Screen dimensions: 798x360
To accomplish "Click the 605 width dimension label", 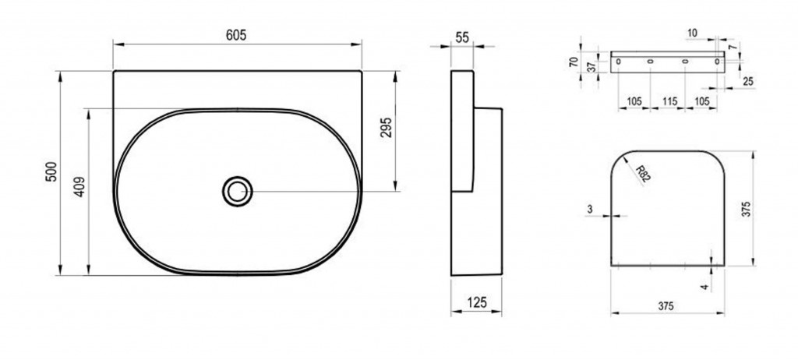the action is point(236,35).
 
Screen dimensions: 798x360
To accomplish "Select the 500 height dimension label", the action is point(52,171).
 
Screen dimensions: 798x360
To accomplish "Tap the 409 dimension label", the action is point(80,187).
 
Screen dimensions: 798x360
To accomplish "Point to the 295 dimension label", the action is point(387,127).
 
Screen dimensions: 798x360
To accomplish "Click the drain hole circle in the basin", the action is point(237,192).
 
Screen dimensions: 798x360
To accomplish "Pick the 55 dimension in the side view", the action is point(462,37).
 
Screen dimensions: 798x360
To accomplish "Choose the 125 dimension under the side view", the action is point(476,302).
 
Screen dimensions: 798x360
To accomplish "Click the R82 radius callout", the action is point(643,174).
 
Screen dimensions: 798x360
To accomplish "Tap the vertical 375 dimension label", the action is point(746,208).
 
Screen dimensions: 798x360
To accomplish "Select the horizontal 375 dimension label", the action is point(666,306).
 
